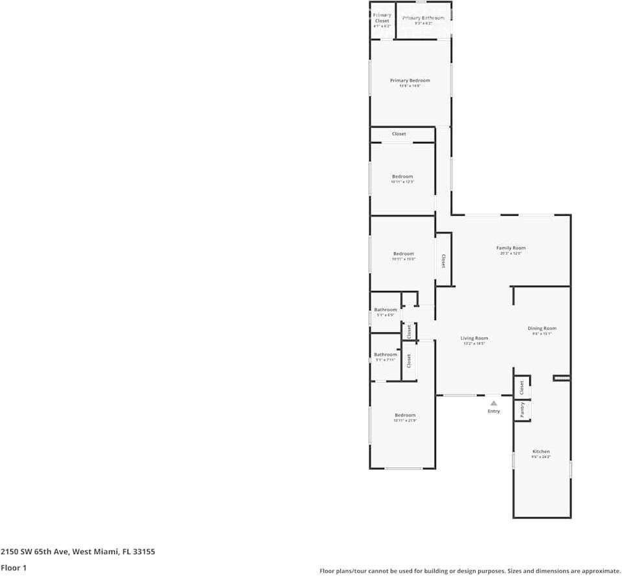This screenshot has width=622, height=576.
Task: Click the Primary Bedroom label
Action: (409, 80)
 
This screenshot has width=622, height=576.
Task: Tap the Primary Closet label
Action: (382, 17)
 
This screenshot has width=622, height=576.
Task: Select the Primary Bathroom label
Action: (423, 17)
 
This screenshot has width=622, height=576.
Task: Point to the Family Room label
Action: (511, 248)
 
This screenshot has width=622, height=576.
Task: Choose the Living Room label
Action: (474, 338)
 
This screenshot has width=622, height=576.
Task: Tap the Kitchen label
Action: (541, 452)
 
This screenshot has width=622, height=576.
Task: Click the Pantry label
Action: (522, 409)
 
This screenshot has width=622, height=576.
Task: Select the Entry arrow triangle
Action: (494, 403)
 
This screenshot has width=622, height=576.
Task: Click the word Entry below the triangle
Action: (494, 411)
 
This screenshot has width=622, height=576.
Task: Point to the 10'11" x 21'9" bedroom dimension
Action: (405, 420)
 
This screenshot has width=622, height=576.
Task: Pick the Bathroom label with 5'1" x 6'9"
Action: (386, 310)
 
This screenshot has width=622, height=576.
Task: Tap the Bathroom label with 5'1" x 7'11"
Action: (386, 354)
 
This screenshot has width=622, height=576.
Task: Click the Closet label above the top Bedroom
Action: (398, 134)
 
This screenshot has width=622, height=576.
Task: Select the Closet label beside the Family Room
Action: (443, 260)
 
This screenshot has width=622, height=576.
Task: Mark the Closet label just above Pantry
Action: (522, 387)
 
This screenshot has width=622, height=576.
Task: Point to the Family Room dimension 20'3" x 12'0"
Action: (511, 253)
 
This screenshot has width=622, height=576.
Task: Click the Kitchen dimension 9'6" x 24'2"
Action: (541, 457)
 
